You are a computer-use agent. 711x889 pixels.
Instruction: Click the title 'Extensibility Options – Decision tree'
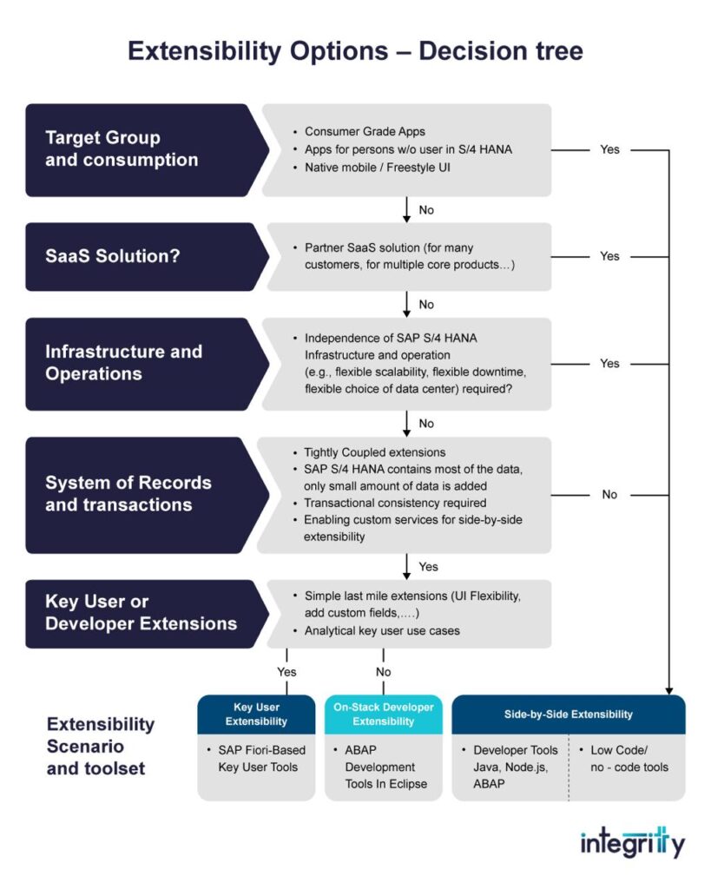355,51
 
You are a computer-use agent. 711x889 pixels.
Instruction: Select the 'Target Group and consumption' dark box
139,149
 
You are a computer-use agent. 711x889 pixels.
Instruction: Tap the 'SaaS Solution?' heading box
139,256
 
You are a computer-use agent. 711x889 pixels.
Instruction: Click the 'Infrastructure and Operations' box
139,363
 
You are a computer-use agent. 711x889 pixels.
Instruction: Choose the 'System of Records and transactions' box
139,494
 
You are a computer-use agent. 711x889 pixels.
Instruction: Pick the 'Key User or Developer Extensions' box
139,613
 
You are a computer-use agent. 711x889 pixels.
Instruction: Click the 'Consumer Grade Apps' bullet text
365,131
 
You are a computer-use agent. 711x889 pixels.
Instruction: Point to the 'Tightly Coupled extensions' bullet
374,452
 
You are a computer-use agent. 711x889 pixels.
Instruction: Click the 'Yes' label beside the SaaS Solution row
609,256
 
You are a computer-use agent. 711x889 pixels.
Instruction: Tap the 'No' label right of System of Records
609,494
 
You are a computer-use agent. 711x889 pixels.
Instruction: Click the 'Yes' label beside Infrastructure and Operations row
609,363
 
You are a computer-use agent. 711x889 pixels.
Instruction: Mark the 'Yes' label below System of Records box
429,566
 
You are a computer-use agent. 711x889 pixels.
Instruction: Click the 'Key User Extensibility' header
256,714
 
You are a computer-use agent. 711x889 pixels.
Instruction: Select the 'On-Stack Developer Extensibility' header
383,714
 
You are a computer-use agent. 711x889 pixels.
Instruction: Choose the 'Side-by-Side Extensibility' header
569,714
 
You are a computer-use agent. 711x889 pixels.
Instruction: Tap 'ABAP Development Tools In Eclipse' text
380,767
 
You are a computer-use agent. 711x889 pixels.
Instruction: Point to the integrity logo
632,841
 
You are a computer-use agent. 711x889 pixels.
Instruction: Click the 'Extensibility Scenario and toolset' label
101,746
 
